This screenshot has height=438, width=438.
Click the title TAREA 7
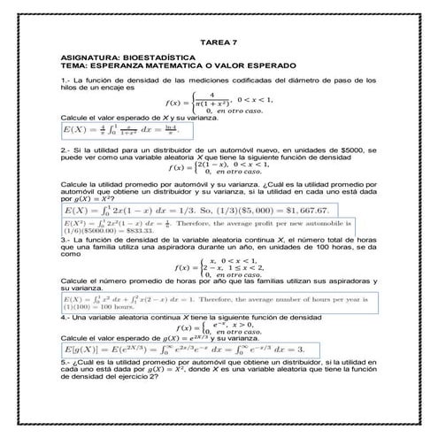[219, 42]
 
